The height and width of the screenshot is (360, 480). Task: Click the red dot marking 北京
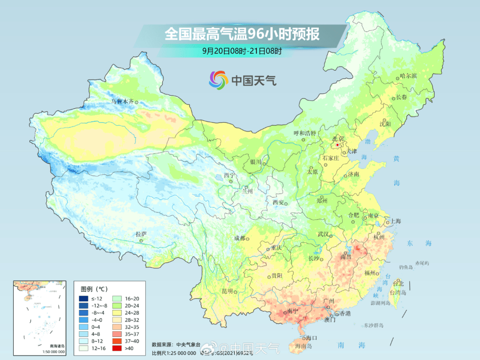point(338,145)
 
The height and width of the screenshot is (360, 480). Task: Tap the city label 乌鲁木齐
point(122,102)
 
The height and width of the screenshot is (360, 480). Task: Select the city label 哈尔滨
point(408,76)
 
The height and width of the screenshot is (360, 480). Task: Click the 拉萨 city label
point(141,234)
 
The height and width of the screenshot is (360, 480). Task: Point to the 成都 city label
point(239,238)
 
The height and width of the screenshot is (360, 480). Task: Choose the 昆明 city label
point(227,291)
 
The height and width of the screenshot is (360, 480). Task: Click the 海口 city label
point(311,338)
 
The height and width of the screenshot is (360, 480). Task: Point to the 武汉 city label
point(323,234)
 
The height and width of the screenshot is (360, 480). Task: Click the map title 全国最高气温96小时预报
point(242,34)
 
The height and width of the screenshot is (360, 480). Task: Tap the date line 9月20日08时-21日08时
point(242,51)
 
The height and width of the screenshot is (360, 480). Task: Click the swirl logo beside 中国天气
point(219,80)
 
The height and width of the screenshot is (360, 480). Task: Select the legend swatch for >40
point(118,348)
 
